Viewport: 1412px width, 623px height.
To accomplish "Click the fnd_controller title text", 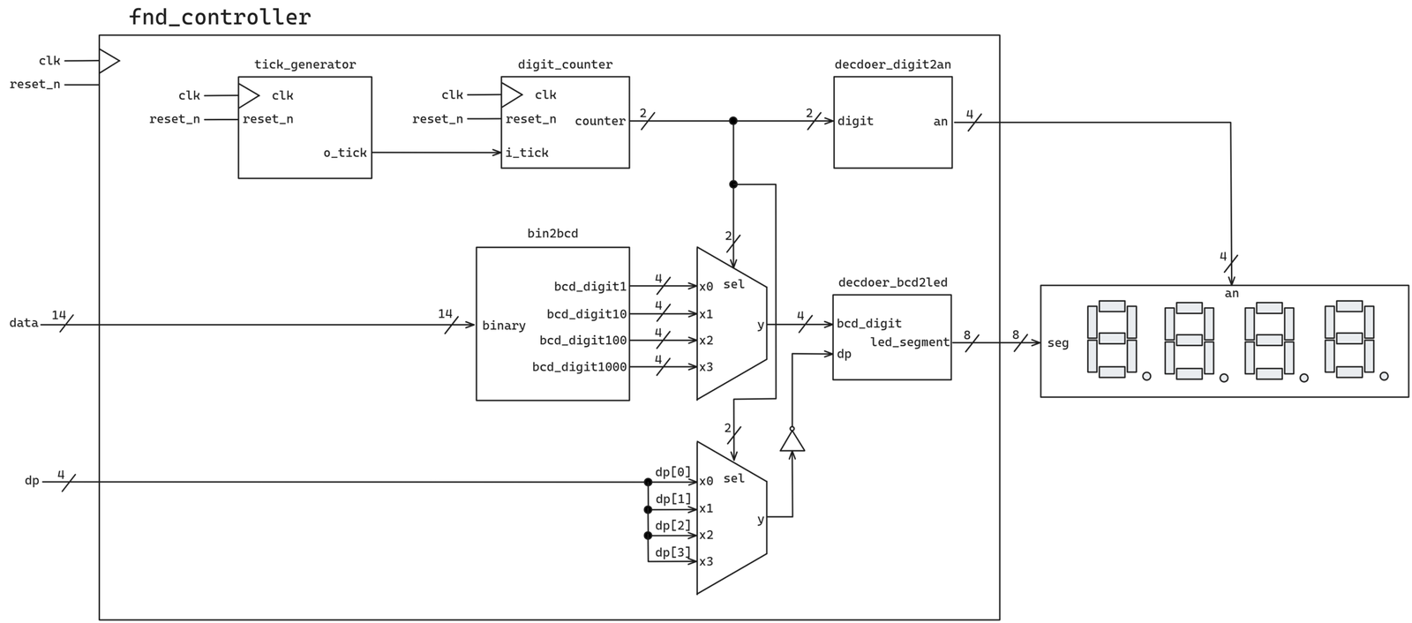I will click(x=220, y=17).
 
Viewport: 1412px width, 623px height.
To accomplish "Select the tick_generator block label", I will click(x=305, y=64).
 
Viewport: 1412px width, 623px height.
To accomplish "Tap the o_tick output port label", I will click(x=345, y=153).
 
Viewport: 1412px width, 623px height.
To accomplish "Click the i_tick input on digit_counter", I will click(x=527, y=153).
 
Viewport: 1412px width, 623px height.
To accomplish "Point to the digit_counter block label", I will click(x=565, y=64).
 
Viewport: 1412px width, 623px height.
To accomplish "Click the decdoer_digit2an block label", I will click(x=892, y=64).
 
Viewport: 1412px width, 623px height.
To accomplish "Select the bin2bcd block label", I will click(x=552, y=233).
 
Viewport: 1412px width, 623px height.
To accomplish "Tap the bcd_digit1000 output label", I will click(x=580, y=366).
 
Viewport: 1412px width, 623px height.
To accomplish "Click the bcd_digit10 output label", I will click(x=587, y=313).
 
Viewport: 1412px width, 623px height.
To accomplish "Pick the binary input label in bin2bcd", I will click(x=504, y=326).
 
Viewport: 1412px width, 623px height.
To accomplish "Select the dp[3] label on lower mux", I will click(x=673, y=552).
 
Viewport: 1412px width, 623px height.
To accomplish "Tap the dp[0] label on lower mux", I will click(x=673, y=472).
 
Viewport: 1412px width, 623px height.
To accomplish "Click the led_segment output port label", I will click(x=910, y=342).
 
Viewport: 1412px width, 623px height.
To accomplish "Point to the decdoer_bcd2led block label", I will click(x=892, y=282).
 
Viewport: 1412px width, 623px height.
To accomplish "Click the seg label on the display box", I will click(x=1058, y=343).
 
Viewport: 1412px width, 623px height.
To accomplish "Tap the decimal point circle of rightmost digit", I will click(x=1384, y=377).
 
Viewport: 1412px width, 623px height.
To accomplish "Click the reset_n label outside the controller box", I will click(x=35, y=85).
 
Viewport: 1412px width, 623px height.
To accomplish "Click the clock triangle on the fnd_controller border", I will click(x=109, y=61).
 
